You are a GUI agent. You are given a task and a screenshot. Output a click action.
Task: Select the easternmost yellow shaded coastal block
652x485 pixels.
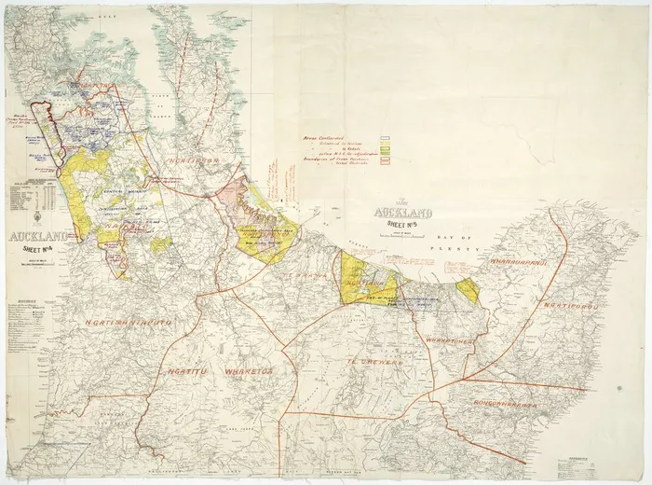469,289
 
